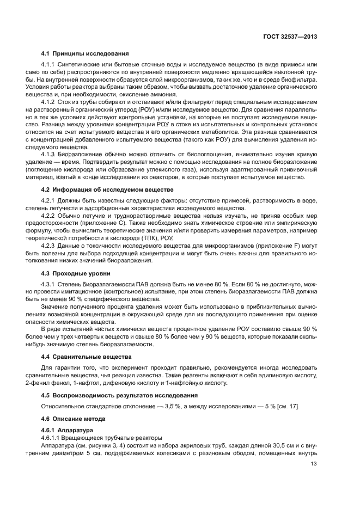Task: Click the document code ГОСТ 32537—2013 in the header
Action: tap(291, 36)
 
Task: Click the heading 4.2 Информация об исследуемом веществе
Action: tap(107, 189)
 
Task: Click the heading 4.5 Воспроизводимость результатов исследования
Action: tap(119, 395)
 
